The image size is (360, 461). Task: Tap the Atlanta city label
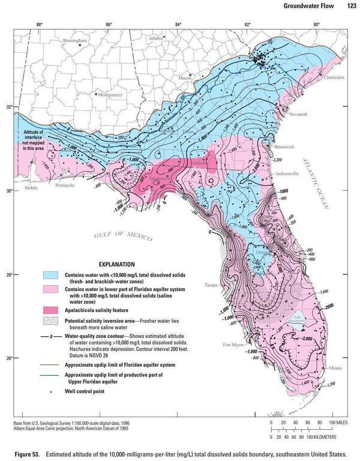click(156, 37)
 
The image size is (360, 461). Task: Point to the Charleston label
click(334, 77)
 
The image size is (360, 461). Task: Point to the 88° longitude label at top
click(39, 24)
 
